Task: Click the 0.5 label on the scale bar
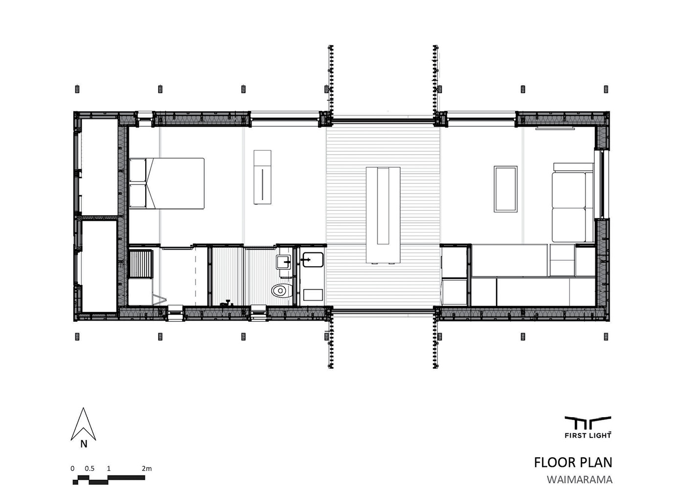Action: coord(90,469)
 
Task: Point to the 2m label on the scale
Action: coord(146,469)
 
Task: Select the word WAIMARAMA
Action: coord(579,479)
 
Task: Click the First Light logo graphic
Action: coord(588,423)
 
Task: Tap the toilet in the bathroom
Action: coord(282,291)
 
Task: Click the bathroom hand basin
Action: coord(283,262)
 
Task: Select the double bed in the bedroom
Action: coord(166,183)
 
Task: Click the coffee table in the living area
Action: coord(505,189)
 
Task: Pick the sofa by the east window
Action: coord(572,203)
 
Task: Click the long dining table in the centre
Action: coord(383,215)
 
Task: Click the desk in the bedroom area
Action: coord(262,177)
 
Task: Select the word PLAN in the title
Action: coord(597,463)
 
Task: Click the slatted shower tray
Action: coord(140,264)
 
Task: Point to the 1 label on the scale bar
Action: coord(109,469)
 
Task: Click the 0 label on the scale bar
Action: coord(72,469)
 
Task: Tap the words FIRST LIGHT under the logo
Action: coord(588,435)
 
